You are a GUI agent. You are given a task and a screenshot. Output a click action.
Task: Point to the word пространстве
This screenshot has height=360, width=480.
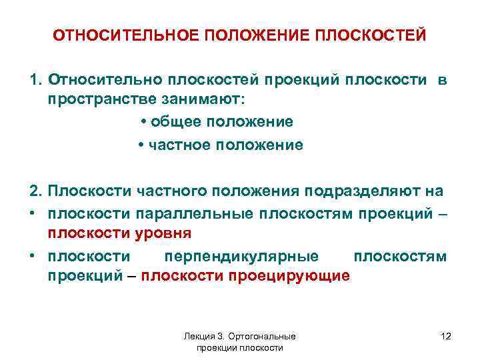click(x=96, y=99)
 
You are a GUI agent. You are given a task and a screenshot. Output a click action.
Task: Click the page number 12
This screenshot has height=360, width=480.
click(x=446, y=337)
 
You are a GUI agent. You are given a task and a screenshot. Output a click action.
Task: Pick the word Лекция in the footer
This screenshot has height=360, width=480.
click(x=199, y=337)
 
